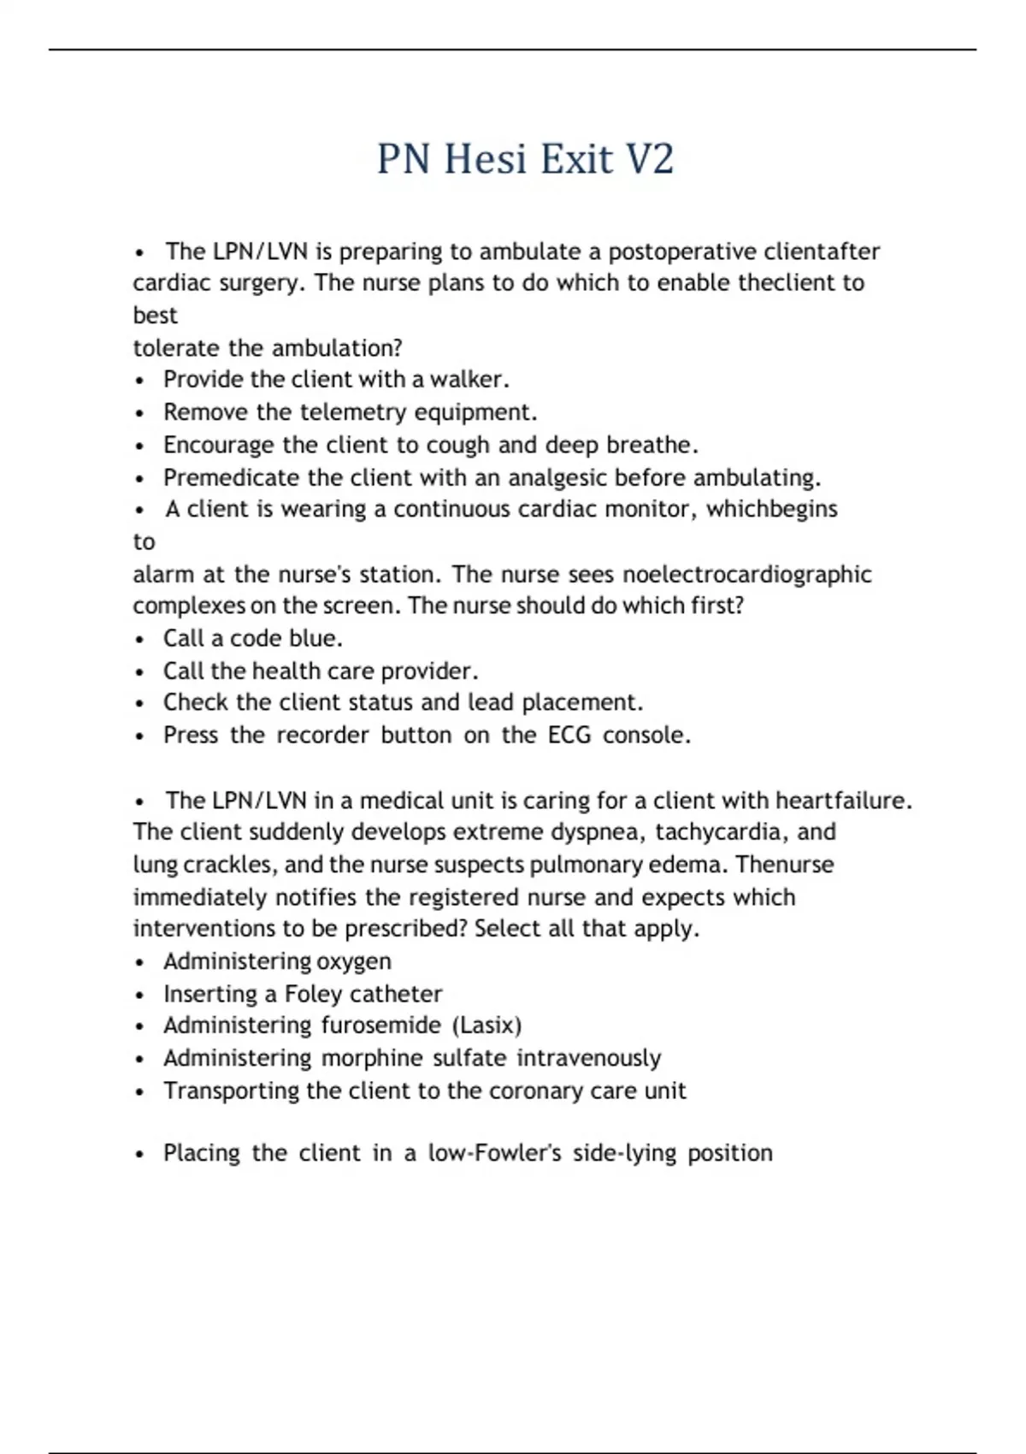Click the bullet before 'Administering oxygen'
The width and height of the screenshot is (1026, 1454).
[x=140, y=963]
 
